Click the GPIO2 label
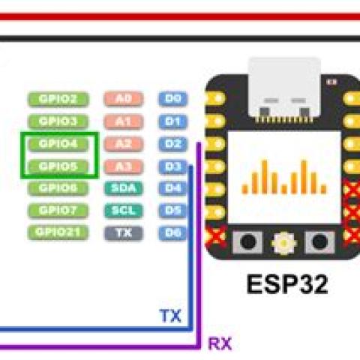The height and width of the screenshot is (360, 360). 58,98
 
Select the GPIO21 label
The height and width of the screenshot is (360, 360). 58,232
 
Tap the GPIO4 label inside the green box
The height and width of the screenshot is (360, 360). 58,143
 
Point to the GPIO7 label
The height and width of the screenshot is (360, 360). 58,210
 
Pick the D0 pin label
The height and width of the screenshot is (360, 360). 172,98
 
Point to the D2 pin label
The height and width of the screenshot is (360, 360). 172,143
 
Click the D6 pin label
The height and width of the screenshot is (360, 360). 172,232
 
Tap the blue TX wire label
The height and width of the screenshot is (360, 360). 170,316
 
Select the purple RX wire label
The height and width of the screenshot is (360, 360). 220,344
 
